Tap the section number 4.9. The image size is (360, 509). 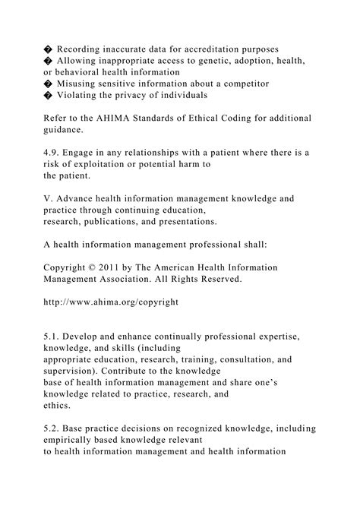[x=53, y=153]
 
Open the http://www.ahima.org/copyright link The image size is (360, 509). [x=112, y=302]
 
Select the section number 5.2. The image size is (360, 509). [x=53, y=428]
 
